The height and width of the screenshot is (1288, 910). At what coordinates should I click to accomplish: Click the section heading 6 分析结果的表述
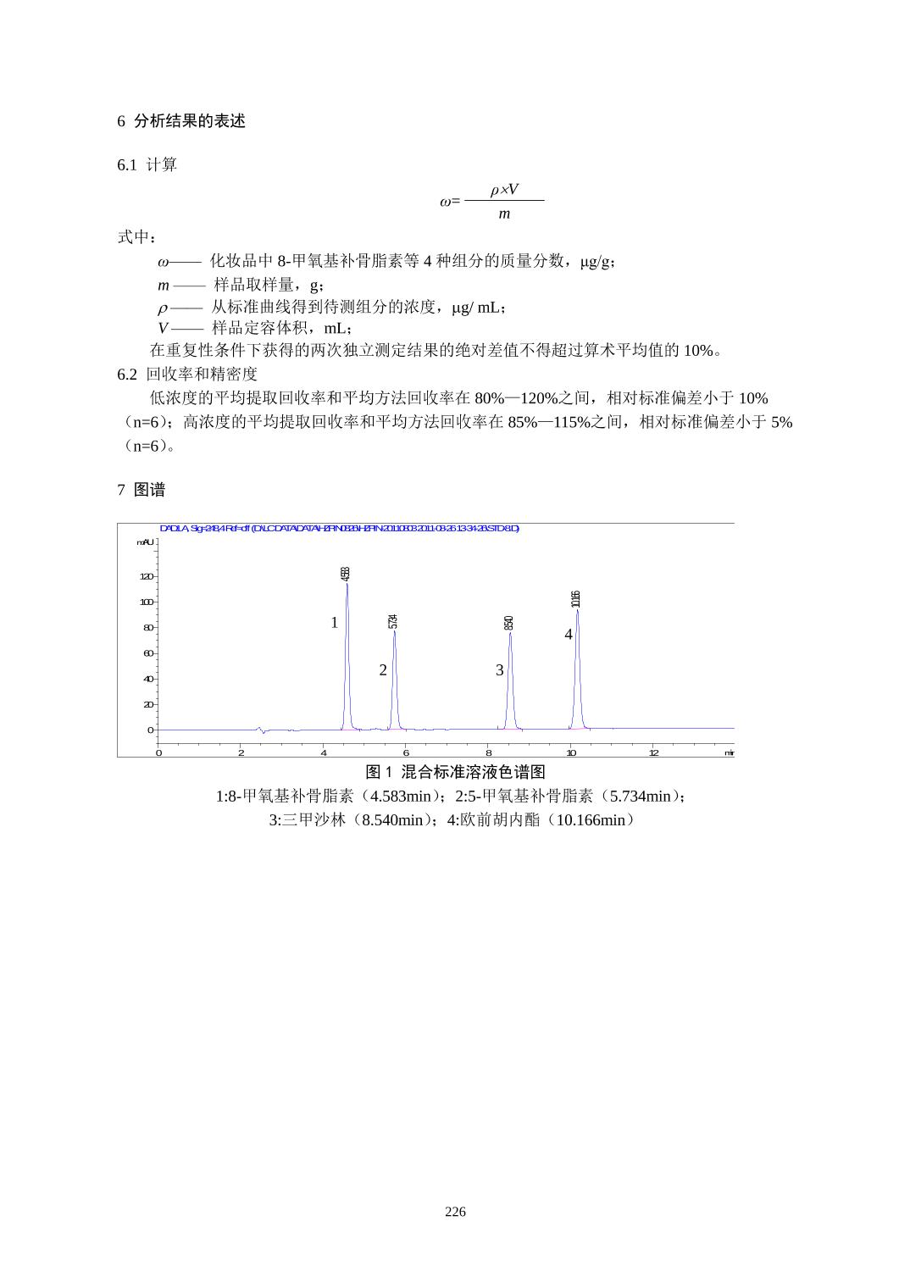(181, 121)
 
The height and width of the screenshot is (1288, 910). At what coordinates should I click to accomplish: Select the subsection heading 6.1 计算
(147, 164)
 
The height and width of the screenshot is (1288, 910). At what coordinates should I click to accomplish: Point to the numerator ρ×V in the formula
(504, 189)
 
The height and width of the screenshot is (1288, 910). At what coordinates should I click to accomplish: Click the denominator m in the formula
(504, 214)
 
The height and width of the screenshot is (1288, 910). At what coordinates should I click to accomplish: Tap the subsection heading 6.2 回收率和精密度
(187, 374)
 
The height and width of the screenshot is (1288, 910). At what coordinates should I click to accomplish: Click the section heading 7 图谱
(141, 490)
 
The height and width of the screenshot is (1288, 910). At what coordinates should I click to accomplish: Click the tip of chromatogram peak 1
(347, 584)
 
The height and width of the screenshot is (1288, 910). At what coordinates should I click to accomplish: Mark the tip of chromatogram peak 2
(394, 631)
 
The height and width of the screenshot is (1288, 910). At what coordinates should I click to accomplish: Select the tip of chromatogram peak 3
(510, 633)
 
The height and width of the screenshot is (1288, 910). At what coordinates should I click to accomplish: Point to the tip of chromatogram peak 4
(577, 610)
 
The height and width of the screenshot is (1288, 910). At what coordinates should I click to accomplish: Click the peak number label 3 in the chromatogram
(500, 670)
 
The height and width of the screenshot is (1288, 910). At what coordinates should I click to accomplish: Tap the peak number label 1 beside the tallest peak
(335, 623)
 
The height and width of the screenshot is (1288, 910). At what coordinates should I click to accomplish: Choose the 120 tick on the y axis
(147, 576)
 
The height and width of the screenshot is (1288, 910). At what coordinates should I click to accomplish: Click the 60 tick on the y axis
(148, 653)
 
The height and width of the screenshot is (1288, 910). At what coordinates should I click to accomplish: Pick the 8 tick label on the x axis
(489, 752)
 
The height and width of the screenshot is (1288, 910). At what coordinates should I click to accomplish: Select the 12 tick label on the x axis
(653, 752)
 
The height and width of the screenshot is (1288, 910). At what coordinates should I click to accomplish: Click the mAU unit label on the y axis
(146, 542)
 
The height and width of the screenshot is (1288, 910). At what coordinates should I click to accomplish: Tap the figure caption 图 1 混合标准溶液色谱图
(455, 772)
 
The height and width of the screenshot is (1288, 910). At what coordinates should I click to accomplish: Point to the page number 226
(455, 1212)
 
